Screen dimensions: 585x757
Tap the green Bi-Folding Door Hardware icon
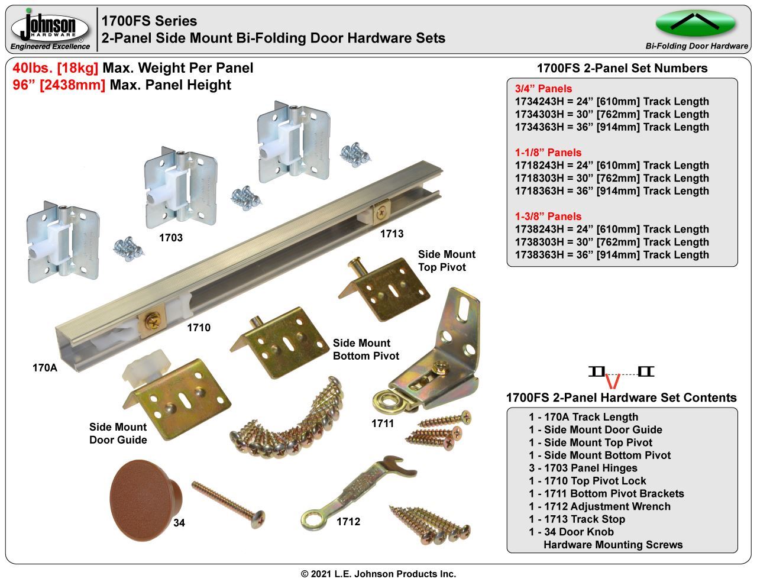(695, 24)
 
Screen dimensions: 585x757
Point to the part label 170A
(45, 368)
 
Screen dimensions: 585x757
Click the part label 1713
(392, 234)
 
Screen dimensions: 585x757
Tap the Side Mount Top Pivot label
(447, 261)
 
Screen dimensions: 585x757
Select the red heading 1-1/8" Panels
(548, 153)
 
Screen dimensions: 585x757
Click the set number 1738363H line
(612, 255)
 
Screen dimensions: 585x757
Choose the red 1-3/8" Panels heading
(548, 216)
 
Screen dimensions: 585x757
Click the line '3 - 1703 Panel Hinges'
(583, 468)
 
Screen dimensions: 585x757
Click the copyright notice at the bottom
(378, 574)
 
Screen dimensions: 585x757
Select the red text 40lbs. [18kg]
(56, 68)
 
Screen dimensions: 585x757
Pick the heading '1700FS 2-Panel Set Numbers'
(622, 68)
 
